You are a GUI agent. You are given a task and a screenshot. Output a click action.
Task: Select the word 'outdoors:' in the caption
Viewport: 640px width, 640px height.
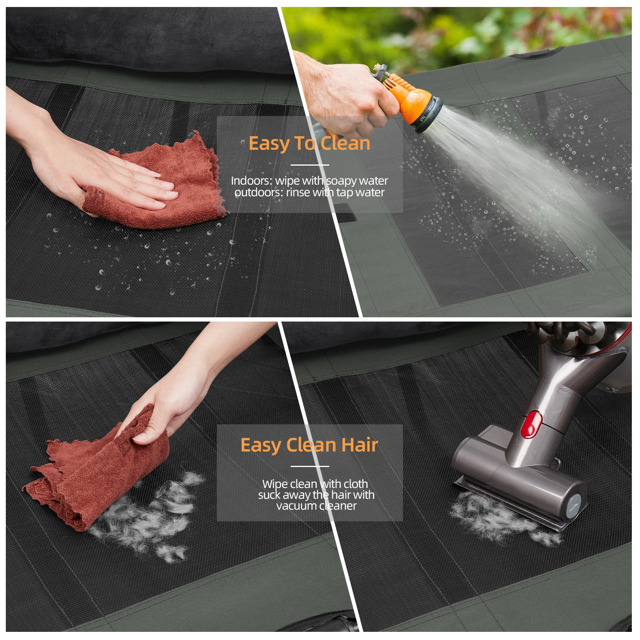259,192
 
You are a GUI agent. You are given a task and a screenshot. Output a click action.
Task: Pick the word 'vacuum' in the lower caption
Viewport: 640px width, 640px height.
296,506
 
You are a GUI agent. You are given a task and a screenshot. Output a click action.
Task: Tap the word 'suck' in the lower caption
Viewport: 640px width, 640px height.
269,495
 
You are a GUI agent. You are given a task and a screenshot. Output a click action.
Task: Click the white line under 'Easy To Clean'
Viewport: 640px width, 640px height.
310,165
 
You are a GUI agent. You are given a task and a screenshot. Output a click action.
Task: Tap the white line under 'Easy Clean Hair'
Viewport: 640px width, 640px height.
310,466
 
